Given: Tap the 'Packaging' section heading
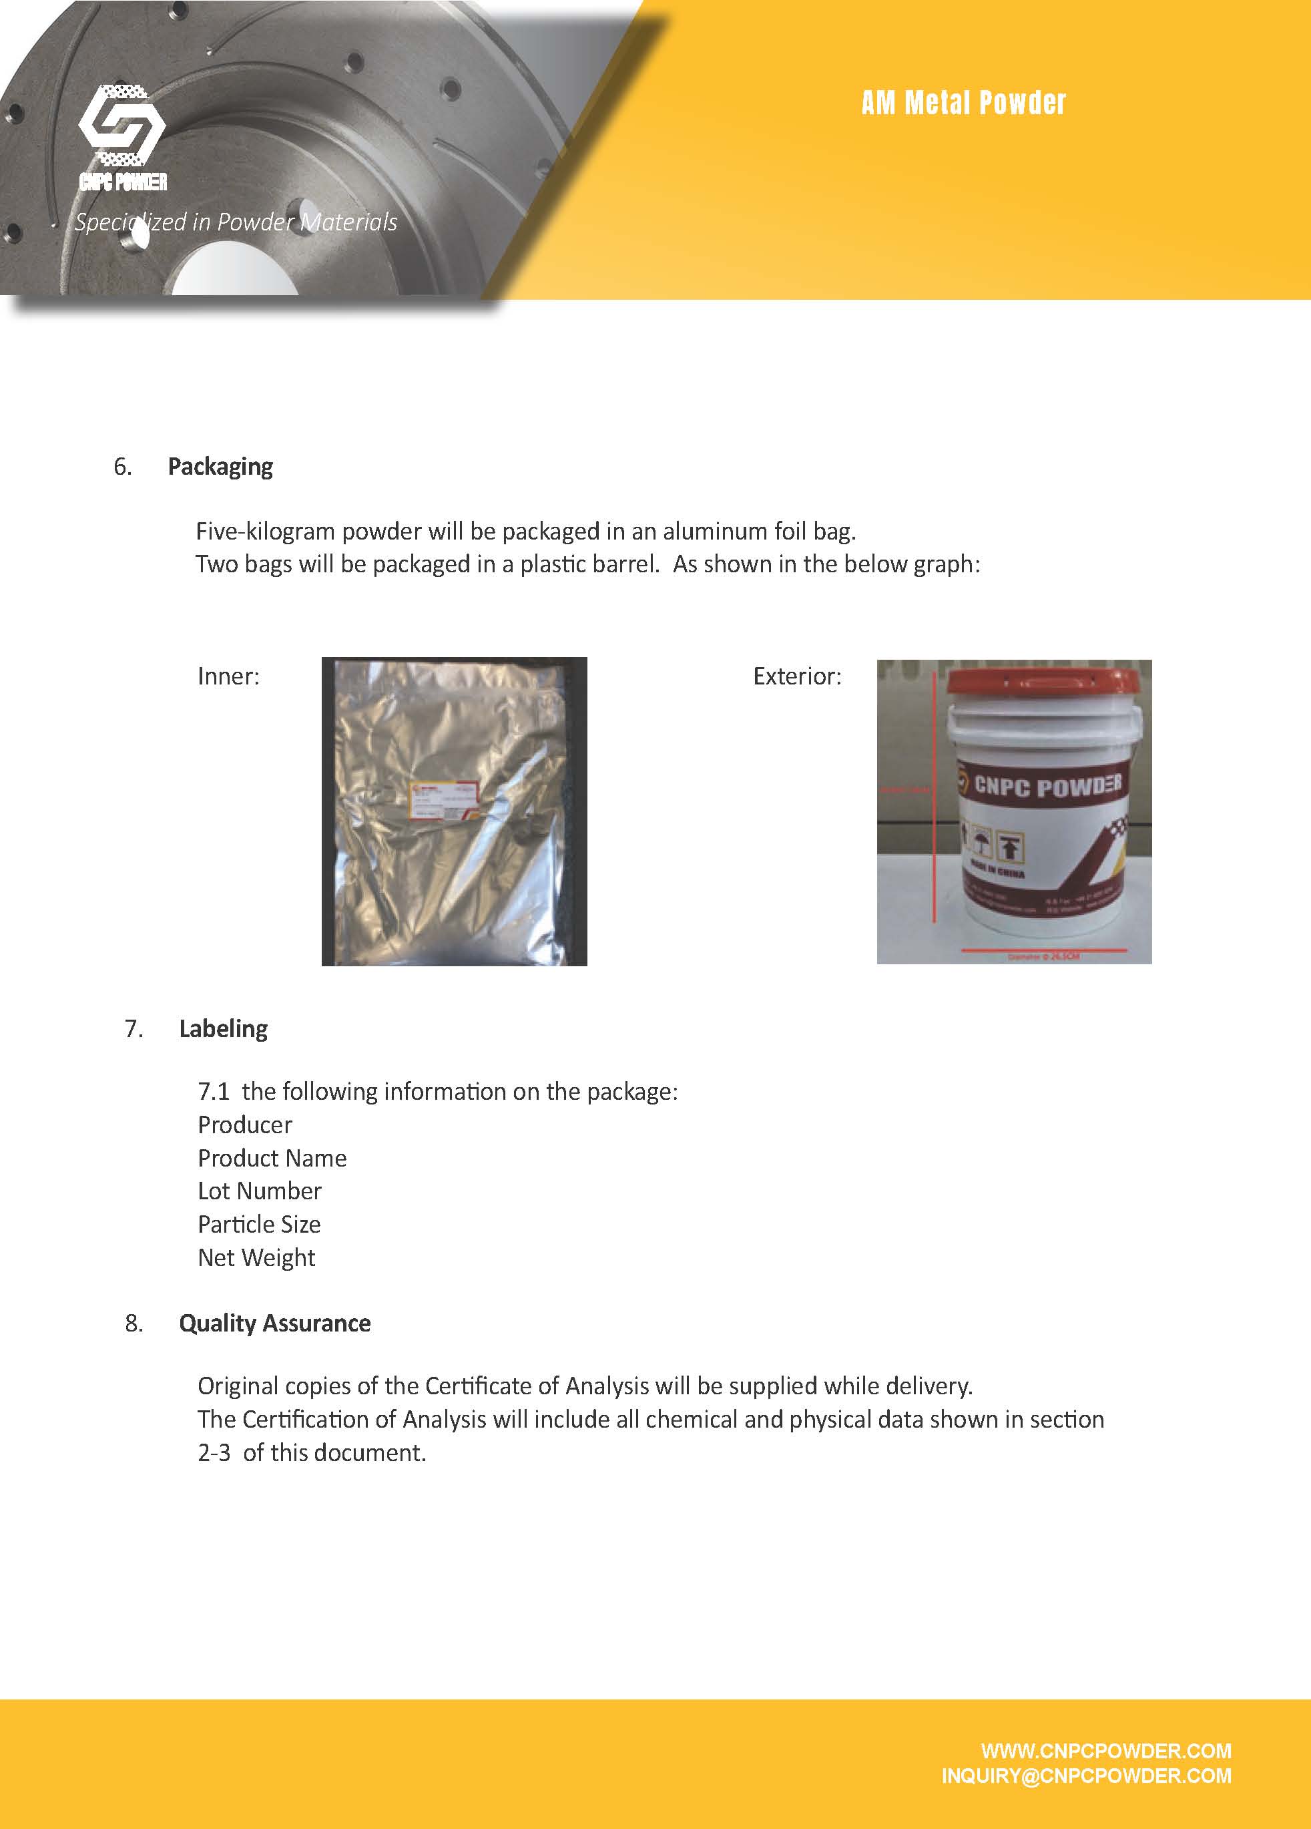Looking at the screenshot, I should (220, 466).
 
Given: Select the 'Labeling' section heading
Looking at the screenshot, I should (224, 1028).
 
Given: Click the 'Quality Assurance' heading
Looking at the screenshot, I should (274, 1323).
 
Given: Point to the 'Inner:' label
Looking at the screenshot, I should (228, 676).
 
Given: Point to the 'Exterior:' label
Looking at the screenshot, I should (796, 676).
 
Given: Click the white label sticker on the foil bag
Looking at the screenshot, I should (439, 800).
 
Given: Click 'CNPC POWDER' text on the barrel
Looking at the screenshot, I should (1047, 785).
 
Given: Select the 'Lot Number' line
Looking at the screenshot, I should (259, 1191).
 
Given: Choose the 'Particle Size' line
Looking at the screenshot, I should (259, 1223).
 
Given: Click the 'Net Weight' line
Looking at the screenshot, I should (256, 1257).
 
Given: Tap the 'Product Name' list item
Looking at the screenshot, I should (272, 1157).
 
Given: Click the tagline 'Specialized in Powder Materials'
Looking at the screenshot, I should (236, 222).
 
